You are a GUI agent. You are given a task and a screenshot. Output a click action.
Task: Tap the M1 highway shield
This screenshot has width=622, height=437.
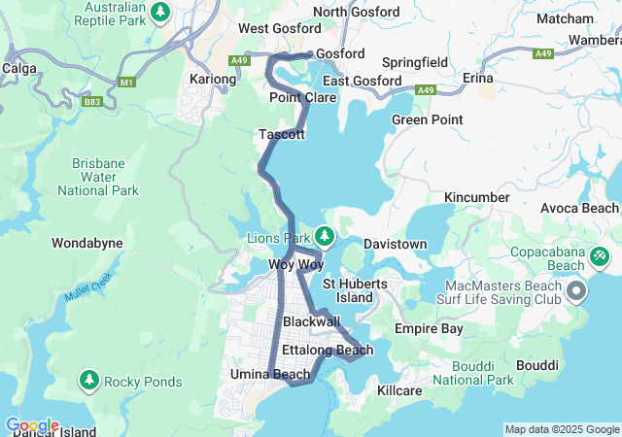coord(127,83)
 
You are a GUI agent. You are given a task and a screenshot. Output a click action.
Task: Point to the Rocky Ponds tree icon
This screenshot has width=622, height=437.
coord(89,379)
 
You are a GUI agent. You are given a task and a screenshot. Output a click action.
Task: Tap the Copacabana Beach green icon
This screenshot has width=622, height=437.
coord(600,256)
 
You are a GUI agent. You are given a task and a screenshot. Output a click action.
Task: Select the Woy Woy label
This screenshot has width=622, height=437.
coord(294,264)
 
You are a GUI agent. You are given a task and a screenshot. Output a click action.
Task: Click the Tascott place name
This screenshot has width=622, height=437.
coord(282,134)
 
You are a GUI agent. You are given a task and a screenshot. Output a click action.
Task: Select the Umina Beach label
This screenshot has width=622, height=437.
coord(269,374)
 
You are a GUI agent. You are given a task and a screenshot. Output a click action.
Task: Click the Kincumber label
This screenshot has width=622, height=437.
coord(476,197)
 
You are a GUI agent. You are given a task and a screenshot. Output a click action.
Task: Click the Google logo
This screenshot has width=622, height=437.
coord(32,425)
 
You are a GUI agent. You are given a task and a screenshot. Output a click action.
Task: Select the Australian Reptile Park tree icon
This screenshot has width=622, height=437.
coord(161,12)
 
